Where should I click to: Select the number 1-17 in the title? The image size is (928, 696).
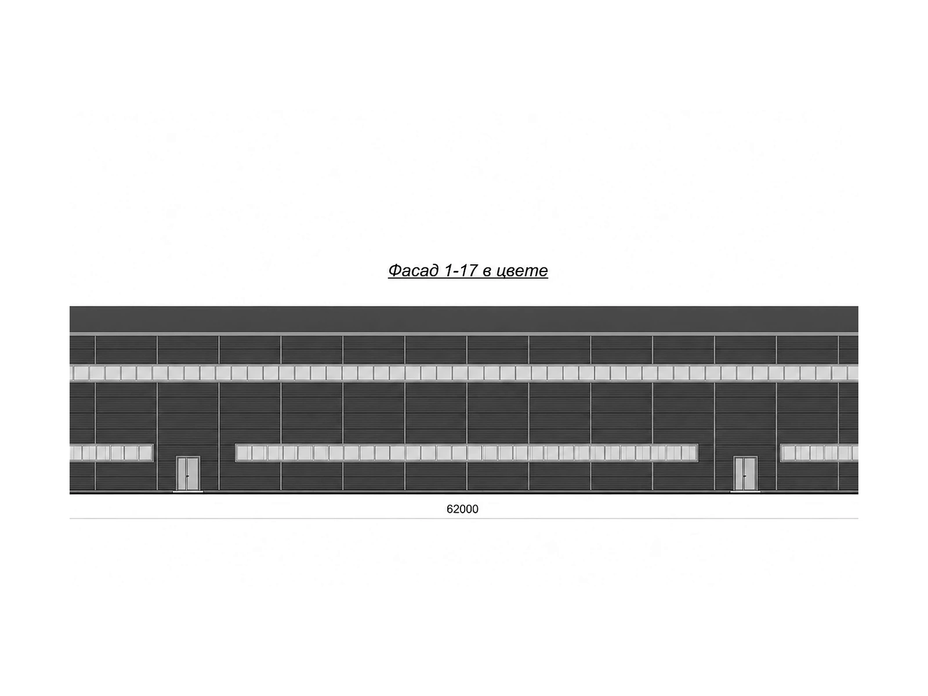(461, 270)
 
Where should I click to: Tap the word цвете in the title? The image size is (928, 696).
(522, 271)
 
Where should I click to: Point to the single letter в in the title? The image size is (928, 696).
(487, 271)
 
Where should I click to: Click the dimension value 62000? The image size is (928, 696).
(462, 509)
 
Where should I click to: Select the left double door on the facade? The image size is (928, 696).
(188, 473)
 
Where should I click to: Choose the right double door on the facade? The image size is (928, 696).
(745, 473)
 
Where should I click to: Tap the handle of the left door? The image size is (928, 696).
(187, 476)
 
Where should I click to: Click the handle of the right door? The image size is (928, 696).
(745, 476)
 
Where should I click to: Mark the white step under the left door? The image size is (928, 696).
(188, 492)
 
